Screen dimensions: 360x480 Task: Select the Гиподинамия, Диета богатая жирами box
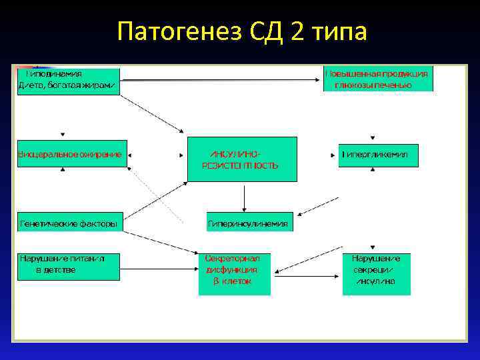pyautogui.click(x=68, y=81)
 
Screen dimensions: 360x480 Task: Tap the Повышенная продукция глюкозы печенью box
pyautogui.click(x=378, y=79)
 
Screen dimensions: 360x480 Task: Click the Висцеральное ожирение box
pyautogui.click(x=70, y=155)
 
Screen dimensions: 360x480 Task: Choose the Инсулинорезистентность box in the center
pyautogui.click(x=241, y=159)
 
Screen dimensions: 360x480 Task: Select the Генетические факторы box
pyautogui.click(x=69, y=224)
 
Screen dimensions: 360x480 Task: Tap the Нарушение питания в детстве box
pyautogui.click(x=68, y=265)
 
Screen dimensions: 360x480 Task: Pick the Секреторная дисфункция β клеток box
pyautogui.click(x=237, y=273)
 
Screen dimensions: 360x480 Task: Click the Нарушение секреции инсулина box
pyautogui.click(x=377, y=273)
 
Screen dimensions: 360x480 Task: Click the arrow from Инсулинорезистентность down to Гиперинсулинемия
pyautogui.click(x=245, y=197)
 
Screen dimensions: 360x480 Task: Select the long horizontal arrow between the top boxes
pyautogui.click(x=220, y=80)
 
